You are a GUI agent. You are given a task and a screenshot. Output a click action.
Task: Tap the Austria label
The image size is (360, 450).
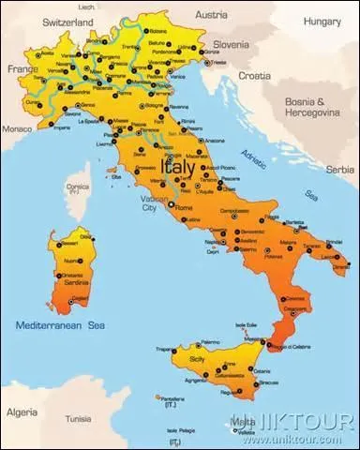click(x=211, y=15)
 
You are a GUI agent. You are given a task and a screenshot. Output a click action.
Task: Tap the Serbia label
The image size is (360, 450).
click(x=340, y=170)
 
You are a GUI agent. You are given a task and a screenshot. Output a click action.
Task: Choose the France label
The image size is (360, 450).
click(x=19, y=68)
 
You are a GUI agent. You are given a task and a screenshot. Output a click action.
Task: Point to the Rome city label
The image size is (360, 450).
click(x=184, y=207)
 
